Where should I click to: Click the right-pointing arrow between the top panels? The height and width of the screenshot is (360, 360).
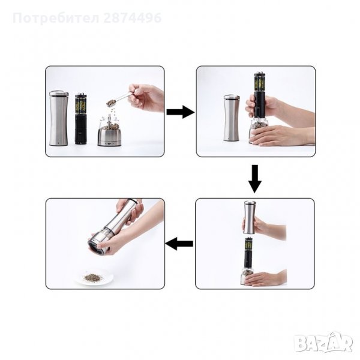tap(181, 112)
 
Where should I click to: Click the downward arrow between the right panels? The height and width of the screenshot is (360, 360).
tap(254, 179)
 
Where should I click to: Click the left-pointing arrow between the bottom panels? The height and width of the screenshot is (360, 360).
tap(179, 244)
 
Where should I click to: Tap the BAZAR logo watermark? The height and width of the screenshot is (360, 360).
tap(324, 343)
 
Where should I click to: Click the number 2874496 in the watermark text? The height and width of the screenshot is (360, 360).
tap(133, 18)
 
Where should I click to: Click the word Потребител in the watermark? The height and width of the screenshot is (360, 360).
tap(56, 19)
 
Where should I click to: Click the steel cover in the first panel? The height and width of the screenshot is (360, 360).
tap(59, 118)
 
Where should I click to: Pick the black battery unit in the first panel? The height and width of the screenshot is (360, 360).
tap(81, 118)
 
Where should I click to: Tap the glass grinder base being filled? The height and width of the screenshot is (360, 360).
tap(109, 132)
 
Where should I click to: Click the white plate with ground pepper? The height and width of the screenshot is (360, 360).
tap(94, 277)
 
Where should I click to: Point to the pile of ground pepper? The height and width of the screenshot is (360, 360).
tap(94, 277)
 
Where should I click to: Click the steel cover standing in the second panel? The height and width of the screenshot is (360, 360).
tap(232, 118)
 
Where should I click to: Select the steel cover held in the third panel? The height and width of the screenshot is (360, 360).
tap(250, 217)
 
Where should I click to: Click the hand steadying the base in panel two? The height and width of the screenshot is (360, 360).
tap(282, 135)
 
